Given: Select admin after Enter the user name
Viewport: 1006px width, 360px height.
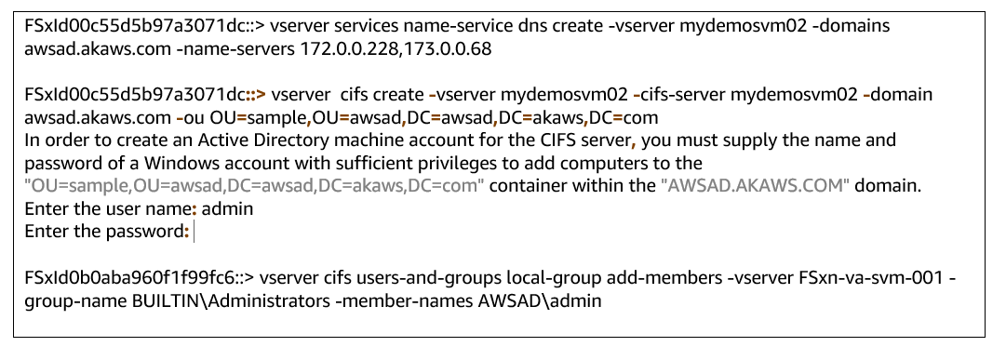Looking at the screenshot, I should click(228, 209).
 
